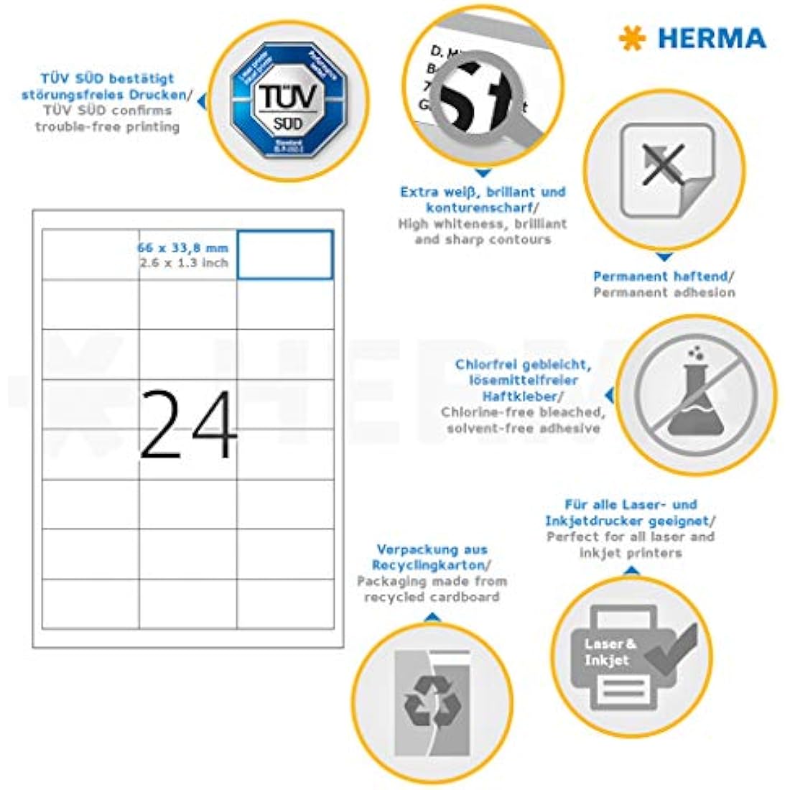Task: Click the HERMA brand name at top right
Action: tap(711, 38)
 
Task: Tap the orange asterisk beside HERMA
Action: tap(633, 38)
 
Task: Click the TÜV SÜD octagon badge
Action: tap(288, 101)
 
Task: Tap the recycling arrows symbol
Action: tap(432, 701)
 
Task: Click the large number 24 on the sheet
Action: tap(188, 425)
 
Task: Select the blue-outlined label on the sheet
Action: tap(285, 254)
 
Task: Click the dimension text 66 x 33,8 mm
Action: tap(183, 248)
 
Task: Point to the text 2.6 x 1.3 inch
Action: tap(184, 263)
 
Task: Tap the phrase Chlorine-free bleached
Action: tap(523, 412)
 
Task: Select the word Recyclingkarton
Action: tap(429, 565)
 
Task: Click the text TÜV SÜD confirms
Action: tap(107, 111)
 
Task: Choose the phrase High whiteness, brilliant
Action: tap(483, 224)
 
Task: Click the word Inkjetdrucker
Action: tap(594, 521)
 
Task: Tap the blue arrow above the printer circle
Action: tap(631, 571)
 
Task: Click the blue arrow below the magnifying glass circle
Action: tap(483, 173)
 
